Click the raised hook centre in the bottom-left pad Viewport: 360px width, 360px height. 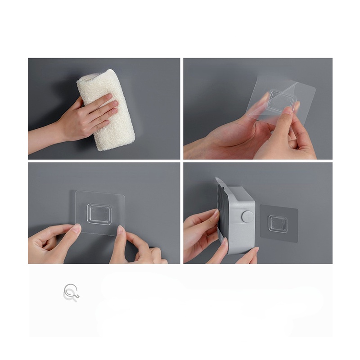tap(100, 212)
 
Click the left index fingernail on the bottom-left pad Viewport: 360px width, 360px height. tap(76, 229)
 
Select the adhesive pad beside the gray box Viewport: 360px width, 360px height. tap(279, 223)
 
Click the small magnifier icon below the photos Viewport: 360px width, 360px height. tap(71, 292)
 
